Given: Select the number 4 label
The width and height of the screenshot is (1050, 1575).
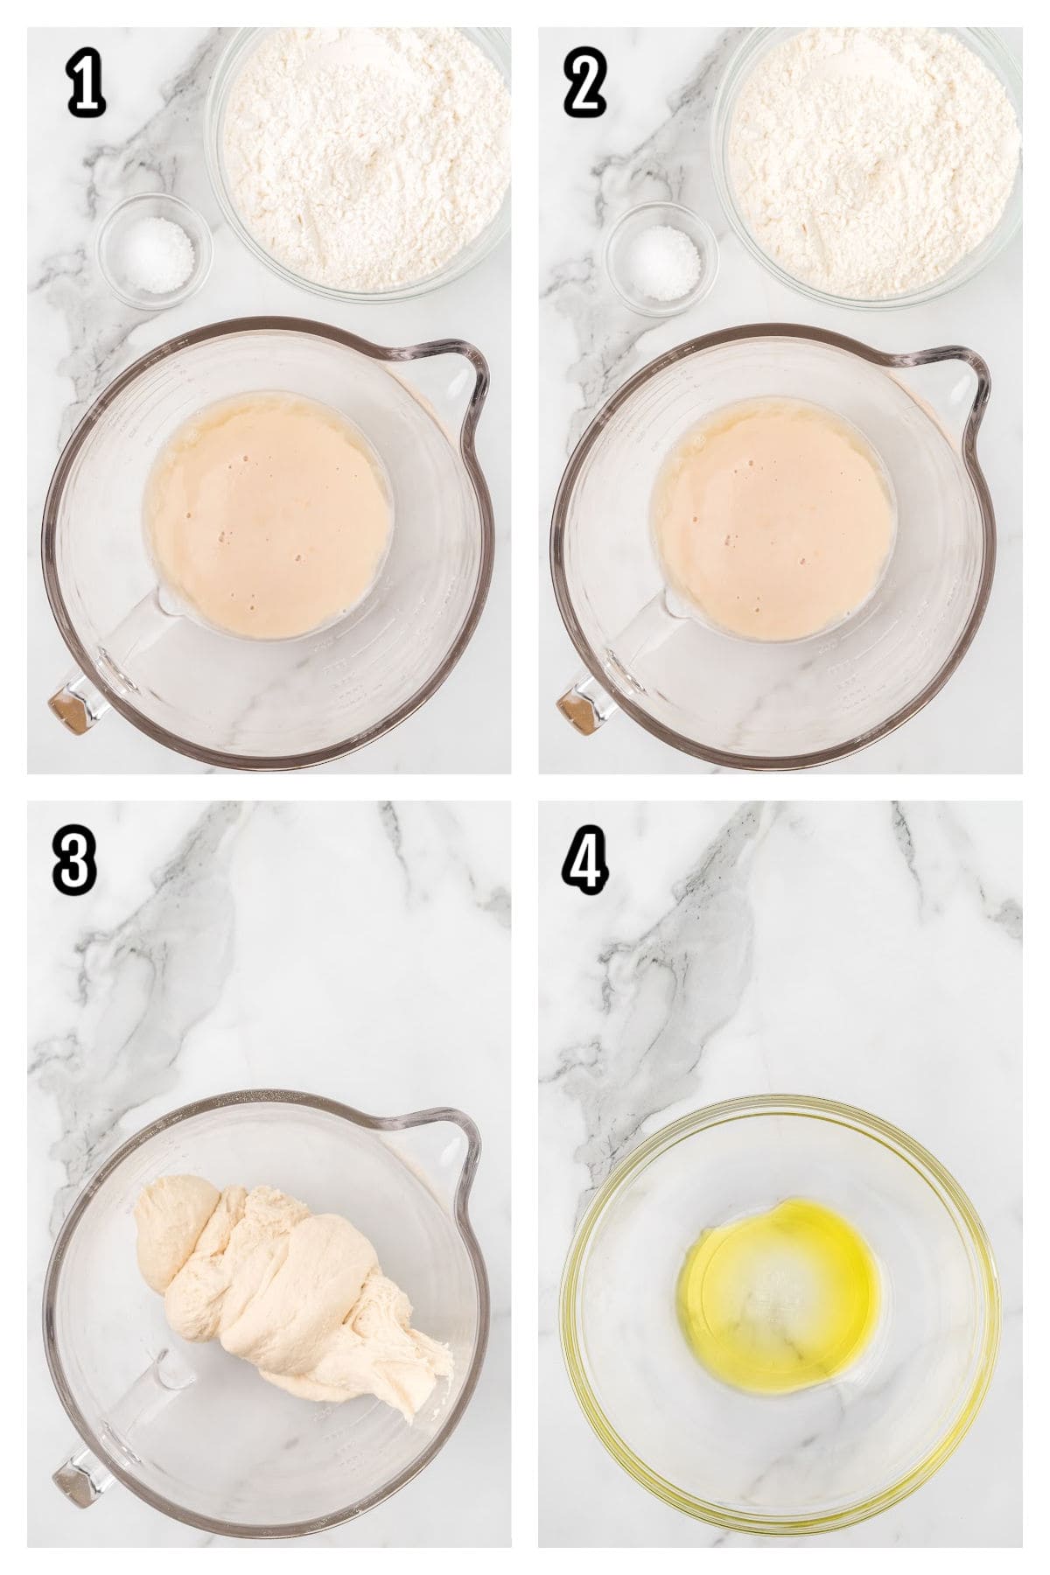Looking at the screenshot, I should click(584, 859).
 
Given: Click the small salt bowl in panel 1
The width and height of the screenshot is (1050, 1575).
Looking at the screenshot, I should click(155, 251).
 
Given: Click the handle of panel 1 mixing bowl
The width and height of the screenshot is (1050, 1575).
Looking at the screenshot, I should click(74, 700).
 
